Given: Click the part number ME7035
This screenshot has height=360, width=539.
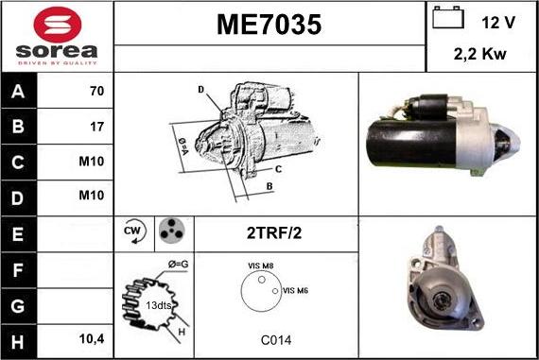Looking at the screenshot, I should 269,26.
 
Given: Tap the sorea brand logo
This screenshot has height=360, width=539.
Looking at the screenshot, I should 56,37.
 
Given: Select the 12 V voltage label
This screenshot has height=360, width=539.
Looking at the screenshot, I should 497,21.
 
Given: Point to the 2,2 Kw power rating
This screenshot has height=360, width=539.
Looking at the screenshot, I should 481,55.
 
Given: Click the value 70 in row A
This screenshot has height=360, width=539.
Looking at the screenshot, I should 96,93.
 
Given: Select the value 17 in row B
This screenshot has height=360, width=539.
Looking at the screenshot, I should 96,126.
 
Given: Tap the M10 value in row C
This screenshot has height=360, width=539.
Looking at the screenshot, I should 92,161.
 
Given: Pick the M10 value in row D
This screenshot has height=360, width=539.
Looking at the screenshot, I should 92,196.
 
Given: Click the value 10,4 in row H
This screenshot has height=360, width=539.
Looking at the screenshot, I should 91,338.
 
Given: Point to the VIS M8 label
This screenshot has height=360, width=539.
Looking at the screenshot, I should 261,266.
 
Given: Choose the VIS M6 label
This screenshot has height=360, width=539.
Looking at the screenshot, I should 295,290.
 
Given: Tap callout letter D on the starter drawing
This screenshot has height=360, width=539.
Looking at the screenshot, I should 200,90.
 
